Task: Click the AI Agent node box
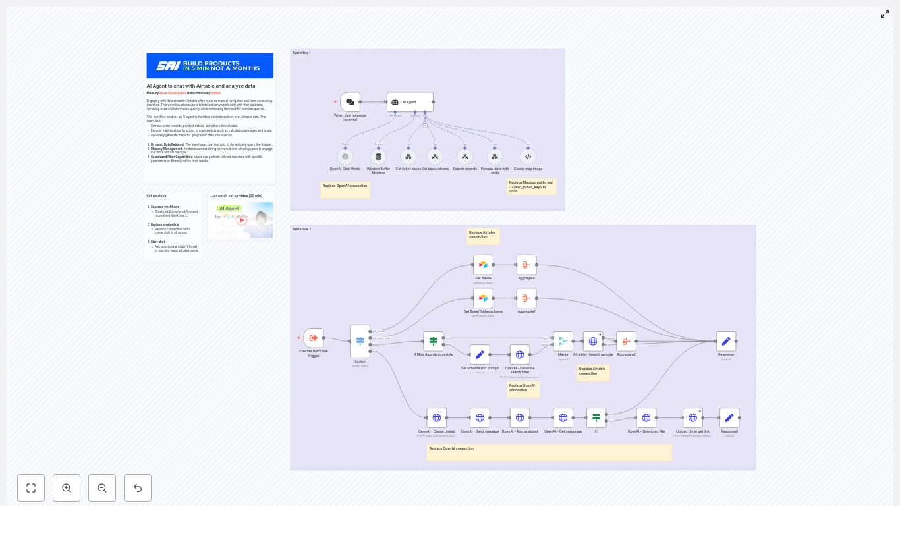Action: (x=410, y=102)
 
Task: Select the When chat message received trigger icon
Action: (x=350, y=102)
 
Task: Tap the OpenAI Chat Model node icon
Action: (x=345, y=157)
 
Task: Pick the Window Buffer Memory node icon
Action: (x=378, y=157)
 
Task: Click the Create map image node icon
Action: (x=528, y=157)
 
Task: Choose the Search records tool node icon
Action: (x=464, y=157)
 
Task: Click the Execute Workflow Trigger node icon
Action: (x=314, y=338)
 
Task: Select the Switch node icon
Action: (x=360, y=341)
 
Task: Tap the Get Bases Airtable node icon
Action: (x=483, y=265)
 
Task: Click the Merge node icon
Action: (x=563, y=341)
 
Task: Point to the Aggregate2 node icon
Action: (x=626, y=341)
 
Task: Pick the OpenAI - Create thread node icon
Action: (x=436, y=417)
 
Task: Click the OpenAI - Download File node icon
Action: (x=646, y=417)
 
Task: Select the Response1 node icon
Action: (x=729, y=417)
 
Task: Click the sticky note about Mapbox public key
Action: (x=531, y=187)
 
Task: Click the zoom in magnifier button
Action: (x=67, y=488)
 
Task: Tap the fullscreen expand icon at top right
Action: (x=885, y=14)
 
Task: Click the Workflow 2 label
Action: (x=302, y=229)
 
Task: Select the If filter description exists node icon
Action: (x=433, y=341)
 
